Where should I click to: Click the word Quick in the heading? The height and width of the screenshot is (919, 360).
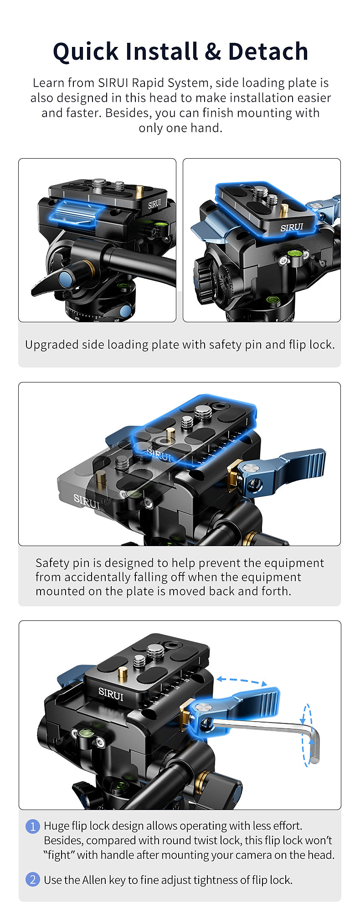pos(86,52)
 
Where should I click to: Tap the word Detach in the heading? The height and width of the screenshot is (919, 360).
pos(268,51)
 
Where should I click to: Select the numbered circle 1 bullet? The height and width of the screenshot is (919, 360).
pos(32,826)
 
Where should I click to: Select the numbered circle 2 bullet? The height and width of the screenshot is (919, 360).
pos(32,879)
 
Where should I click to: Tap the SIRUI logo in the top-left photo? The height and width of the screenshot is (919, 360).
pos(154,204)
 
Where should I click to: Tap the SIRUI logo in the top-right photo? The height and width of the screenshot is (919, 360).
pos(292,227)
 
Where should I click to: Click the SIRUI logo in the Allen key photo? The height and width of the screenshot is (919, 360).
pos(111,694)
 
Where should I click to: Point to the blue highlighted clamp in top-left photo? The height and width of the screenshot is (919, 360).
pos(76,213)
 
